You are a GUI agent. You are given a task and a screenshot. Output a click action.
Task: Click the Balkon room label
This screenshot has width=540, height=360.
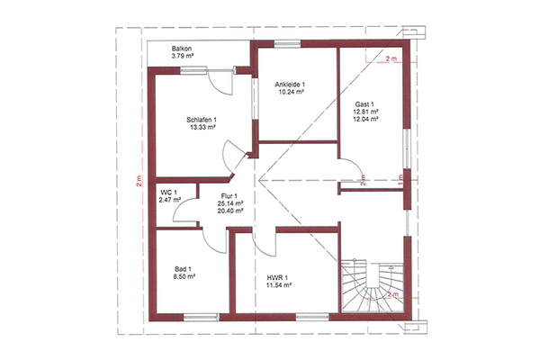182,49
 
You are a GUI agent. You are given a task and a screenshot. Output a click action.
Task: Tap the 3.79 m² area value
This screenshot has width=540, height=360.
183,56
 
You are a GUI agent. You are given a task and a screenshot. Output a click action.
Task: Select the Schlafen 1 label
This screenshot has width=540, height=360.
202,120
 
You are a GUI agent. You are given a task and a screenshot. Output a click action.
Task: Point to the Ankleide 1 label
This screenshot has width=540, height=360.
290,85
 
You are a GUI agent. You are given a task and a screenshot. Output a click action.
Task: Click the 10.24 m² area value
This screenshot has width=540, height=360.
291,92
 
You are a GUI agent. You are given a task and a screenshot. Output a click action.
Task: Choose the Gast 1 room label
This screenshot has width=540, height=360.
364,104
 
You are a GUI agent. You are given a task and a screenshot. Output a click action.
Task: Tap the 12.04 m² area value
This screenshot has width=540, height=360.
365,119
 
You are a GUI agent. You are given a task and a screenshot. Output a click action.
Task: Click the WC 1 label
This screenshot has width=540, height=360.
167,193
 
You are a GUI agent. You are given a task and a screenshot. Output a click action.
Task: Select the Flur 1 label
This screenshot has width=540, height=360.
229,196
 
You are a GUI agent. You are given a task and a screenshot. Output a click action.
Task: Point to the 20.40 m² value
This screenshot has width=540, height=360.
230,211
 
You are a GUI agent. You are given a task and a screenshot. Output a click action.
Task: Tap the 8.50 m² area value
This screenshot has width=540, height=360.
184,276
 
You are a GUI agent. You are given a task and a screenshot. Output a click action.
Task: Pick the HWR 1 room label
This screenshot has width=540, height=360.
277,278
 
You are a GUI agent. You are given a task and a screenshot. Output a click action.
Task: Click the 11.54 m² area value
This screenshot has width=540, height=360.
279,285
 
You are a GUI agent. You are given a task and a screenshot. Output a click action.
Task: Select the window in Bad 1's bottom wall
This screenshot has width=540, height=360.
201,318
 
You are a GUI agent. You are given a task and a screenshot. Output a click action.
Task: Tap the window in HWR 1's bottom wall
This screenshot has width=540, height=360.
312,318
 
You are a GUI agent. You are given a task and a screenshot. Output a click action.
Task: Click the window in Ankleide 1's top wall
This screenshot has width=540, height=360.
287,44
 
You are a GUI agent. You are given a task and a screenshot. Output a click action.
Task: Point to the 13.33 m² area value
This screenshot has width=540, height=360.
202,127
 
